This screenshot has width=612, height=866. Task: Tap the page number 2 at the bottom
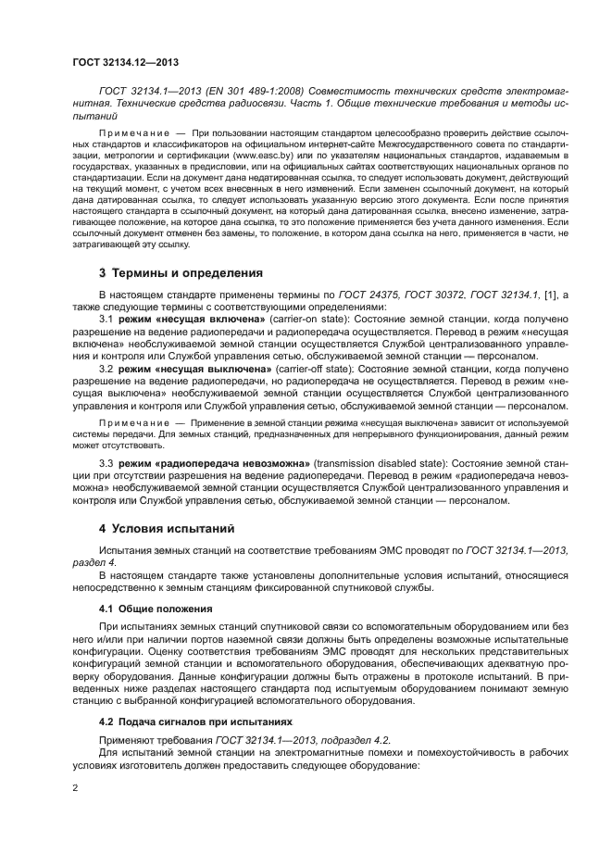75,787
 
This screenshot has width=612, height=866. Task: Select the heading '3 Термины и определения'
181,273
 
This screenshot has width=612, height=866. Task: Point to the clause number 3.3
106,461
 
